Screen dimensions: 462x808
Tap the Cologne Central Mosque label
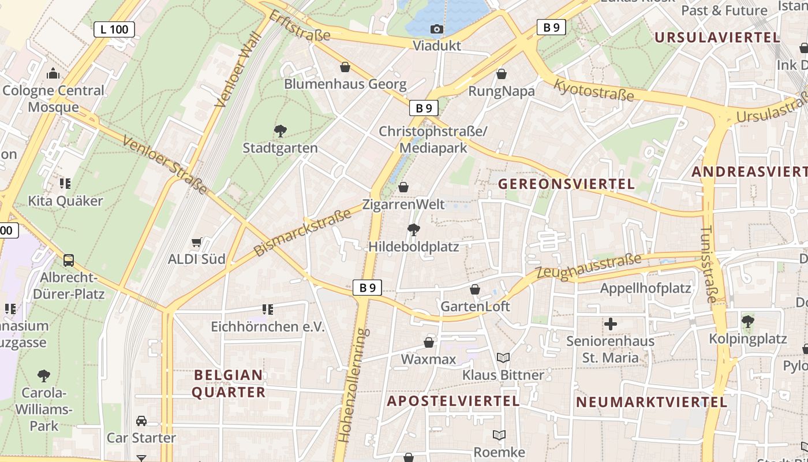(x=53, y=99)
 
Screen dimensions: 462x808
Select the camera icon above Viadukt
(x=437, y=29)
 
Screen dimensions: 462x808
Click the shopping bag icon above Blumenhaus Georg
(x=345, y=68)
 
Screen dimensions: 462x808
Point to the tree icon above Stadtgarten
(x=280, y=131)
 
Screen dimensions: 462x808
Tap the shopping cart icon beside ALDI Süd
(x=196, y=243)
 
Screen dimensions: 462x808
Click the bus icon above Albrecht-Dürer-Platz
(x=69, y=260)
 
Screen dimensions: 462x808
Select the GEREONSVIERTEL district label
(x=566, y=184)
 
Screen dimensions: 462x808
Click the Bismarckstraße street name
(x=302, y=233)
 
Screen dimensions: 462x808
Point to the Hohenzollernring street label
(x=354, y=385)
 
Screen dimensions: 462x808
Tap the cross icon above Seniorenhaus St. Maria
(x=610, y=324)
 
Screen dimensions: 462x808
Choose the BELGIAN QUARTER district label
(x=229, y=383)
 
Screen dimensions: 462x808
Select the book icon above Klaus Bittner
(x=503, y=358)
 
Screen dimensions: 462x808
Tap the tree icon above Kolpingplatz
(x=747, y=321)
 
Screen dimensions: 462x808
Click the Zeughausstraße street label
(x=589, y=267)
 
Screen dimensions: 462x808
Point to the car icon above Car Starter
(x=141, y=421)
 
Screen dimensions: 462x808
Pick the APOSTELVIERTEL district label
(x=453, y=401)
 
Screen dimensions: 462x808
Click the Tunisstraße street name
(x=708, y=264)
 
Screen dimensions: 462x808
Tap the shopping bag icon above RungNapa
(x=502, y=74)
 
